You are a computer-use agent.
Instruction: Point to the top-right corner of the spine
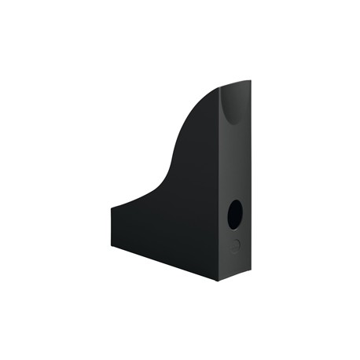(250, 82)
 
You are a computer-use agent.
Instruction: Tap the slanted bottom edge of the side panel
(165, 252)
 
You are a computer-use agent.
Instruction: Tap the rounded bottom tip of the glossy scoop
(235, 125)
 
